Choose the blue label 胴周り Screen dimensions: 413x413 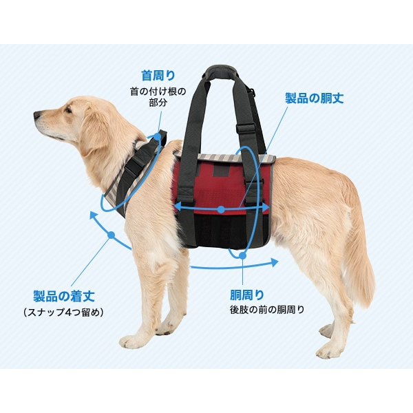(x=246, y=295)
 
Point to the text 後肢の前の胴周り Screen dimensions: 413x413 (x=267, y=309)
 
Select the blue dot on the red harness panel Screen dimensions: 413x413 (x=221, y=209)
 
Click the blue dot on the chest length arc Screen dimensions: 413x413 (x=110, y=235)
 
